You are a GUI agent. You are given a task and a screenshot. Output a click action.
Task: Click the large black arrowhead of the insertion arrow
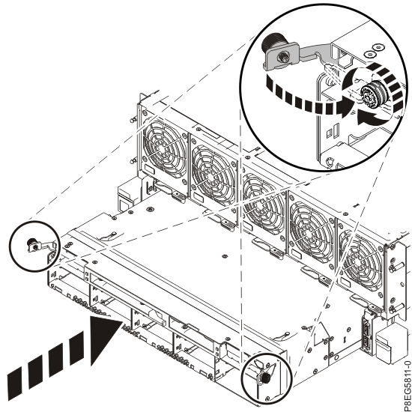pos(104,340)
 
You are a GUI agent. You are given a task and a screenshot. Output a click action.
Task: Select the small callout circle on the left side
pos(33,244)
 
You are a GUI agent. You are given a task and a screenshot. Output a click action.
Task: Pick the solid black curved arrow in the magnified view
pos(371,116)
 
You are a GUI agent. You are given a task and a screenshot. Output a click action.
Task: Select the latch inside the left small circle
pos(33,244)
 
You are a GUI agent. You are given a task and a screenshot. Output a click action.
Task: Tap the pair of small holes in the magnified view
pos(368,52)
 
